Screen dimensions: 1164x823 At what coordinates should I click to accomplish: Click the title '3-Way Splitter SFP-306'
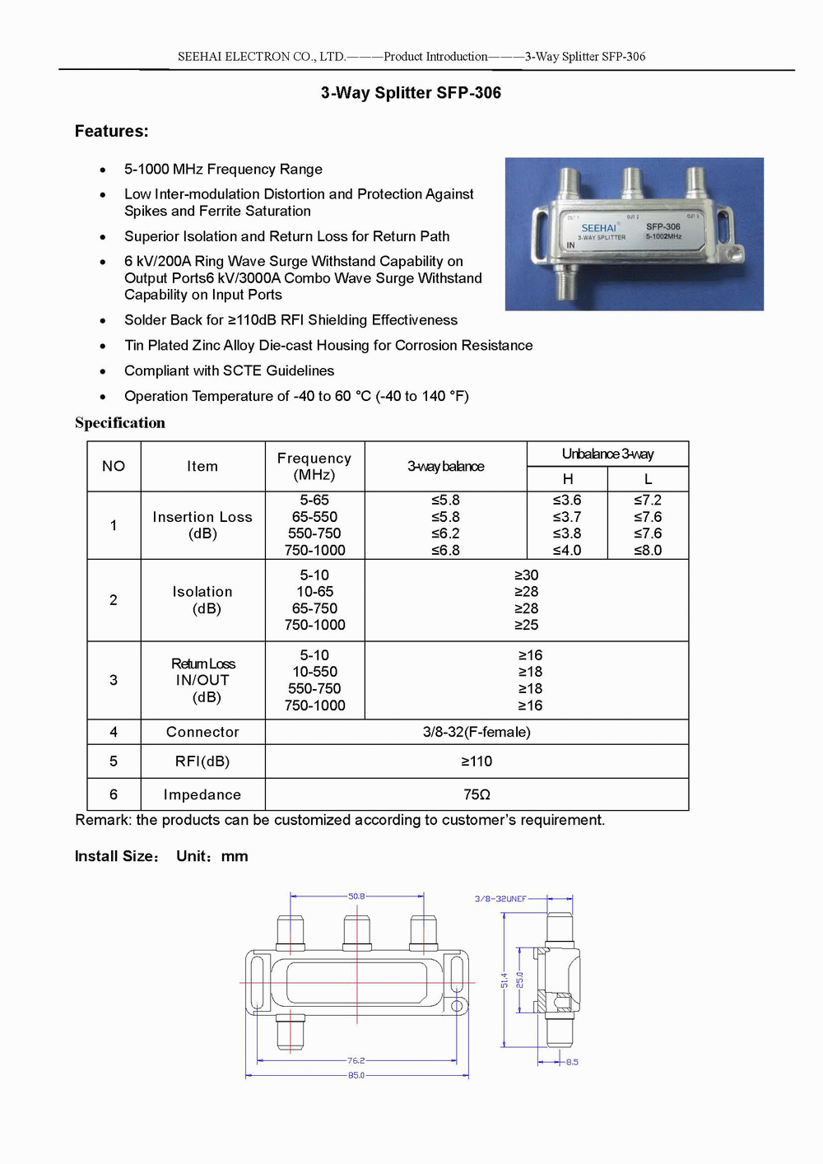[x=411, y=93]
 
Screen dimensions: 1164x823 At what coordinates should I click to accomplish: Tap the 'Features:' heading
[x=112, y=131]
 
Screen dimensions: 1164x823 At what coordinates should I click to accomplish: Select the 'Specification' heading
[x=120, y=423]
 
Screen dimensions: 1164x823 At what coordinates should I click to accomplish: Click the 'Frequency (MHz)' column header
[x=314, y=466]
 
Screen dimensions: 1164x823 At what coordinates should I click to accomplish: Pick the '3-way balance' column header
[x=445, y=466]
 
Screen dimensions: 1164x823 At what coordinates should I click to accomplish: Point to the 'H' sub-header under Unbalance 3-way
[x=568, y=479]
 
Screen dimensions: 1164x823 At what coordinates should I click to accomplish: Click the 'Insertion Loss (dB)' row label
[x=202, y=525]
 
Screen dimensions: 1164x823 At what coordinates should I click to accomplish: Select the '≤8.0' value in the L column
[x=648, y=550]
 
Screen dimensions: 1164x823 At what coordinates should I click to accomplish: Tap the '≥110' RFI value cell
[x=477, y=761]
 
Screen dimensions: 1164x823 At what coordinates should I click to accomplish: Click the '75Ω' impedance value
[x=477, y=794]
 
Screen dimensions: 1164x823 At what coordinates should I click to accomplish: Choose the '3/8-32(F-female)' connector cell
[x=477, y=732]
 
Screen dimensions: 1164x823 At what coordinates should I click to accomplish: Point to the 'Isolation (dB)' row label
[x=202, y=600]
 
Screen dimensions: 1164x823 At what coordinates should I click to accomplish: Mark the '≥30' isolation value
[x=526, y=575]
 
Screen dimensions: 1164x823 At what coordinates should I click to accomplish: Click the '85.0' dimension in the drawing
[x=356, y=1075]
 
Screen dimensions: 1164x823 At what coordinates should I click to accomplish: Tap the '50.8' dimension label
[x=356, y=896]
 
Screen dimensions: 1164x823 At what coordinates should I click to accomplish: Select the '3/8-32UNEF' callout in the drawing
[x=500, y=899]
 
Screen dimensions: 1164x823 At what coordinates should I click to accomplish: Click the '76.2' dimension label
[x=356, y=1061]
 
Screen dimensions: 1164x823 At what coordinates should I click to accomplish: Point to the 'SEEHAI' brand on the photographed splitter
[x=598, y=228]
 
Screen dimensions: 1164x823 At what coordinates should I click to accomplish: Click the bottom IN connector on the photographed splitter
[x=566, y=281]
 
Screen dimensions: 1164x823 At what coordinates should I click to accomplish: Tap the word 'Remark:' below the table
[x=103, y=820]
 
